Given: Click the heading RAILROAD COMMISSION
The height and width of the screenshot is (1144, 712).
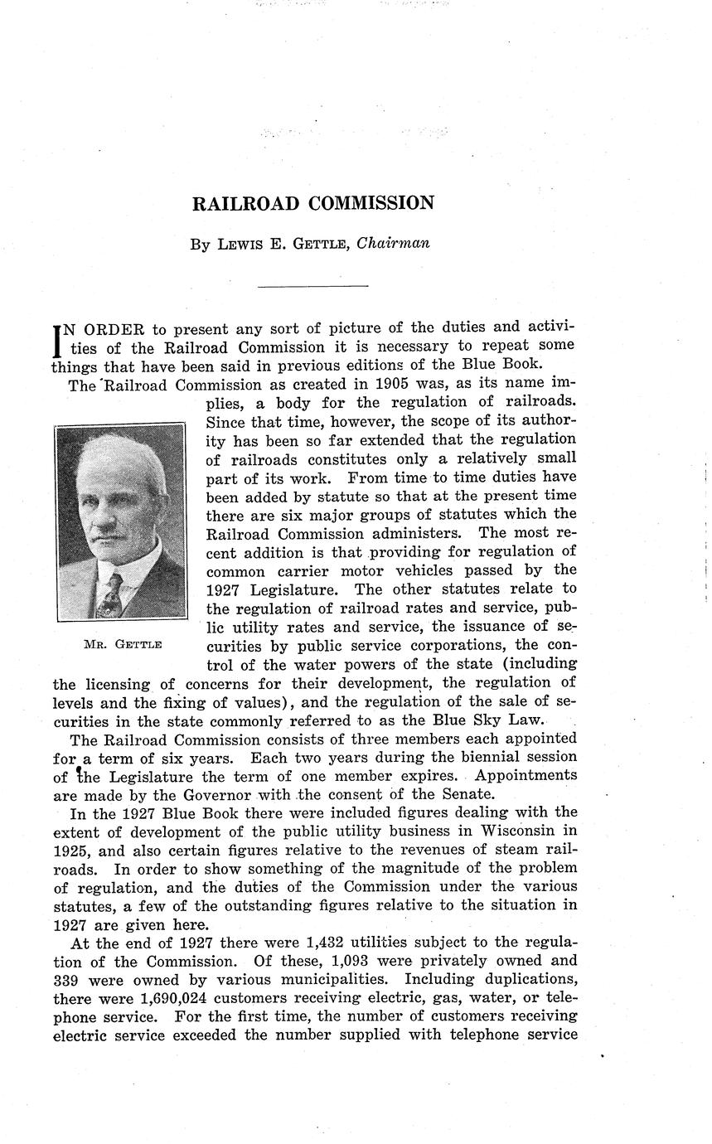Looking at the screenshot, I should [x=313, y=204].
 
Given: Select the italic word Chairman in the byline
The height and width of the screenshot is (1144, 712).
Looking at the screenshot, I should [x=393, y=244].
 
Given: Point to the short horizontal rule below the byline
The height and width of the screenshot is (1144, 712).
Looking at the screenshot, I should [x=312, y=286].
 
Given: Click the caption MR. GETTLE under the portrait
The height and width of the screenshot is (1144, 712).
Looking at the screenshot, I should [x=123, y=644].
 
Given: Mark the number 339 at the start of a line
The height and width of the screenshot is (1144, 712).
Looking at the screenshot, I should [x=65, y=980].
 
